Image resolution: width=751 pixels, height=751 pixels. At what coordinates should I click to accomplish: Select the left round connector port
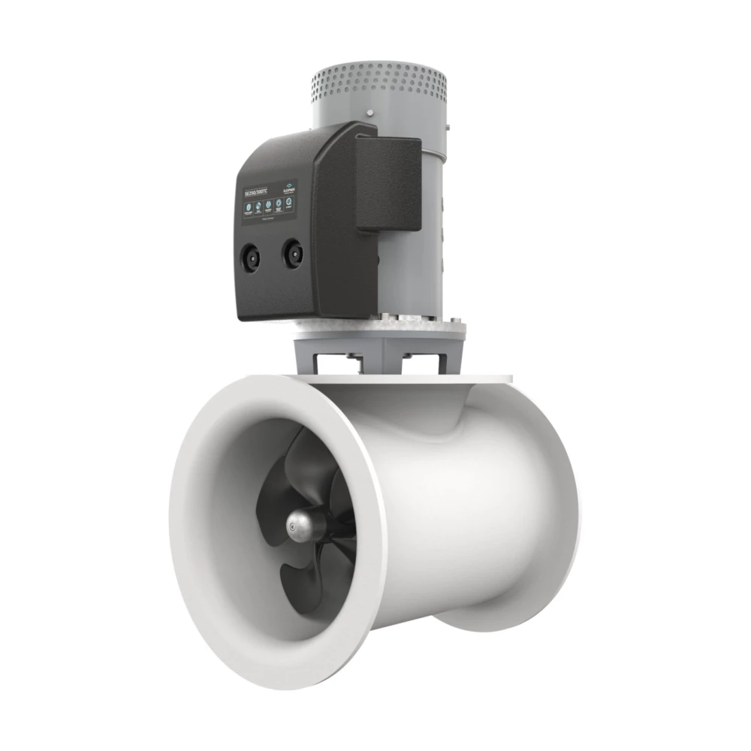tap(250, 258)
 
